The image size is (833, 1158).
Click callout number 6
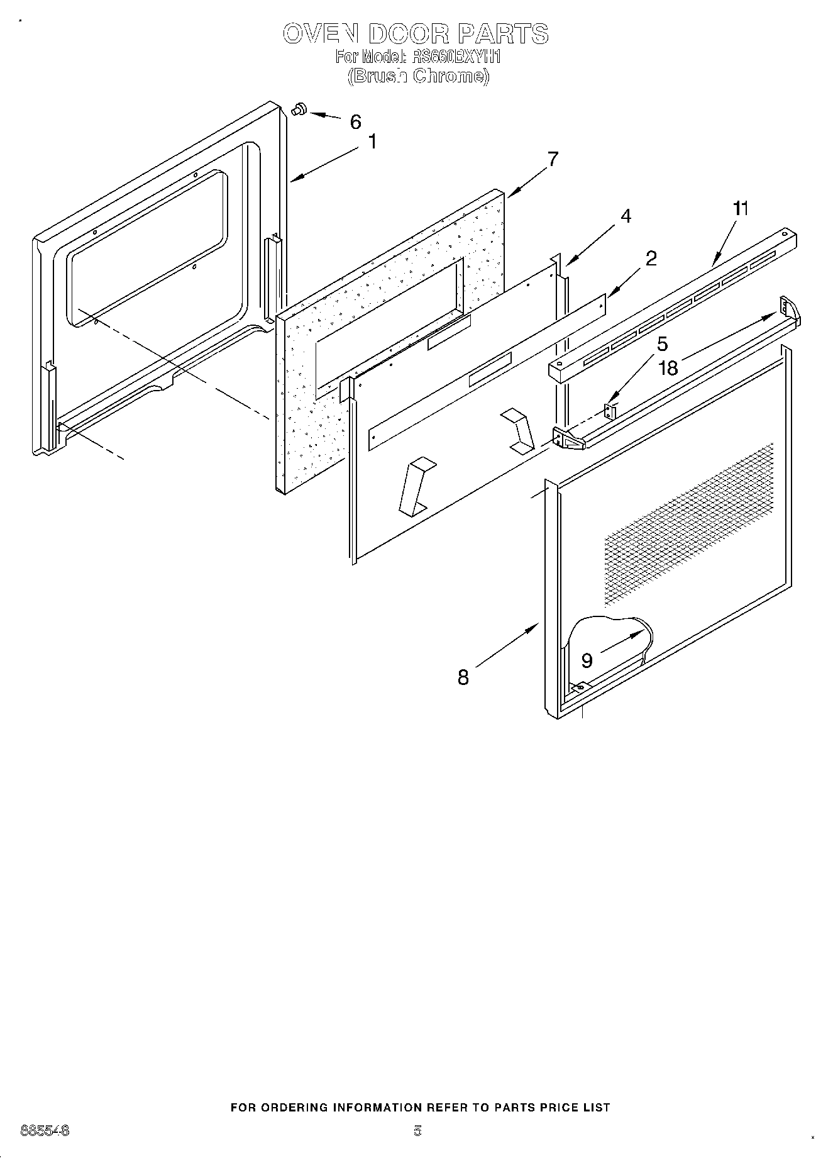[x=356, y=122]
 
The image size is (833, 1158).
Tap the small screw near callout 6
[x=298, y=109]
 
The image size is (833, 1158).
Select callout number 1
[x=372, y=142]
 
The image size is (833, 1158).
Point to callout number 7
[x=553, y=159]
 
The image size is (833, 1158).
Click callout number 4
[x=626, y=216]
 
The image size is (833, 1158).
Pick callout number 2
[x=651, y=258]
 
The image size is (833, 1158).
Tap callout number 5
[x=662, y=344]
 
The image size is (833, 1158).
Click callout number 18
[x=668, y=368]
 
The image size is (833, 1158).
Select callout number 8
[x=463, y=677]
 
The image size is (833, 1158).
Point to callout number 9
[x=587, y=660]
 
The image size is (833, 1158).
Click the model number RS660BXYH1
[x=455, y=57]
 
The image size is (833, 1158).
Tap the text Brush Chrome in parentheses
[x=417, y=76]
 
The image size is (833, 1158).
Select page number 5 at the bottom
[x=417, y=1130]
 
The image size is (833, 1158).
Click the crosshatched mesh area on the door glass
[x=692, y=522]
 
